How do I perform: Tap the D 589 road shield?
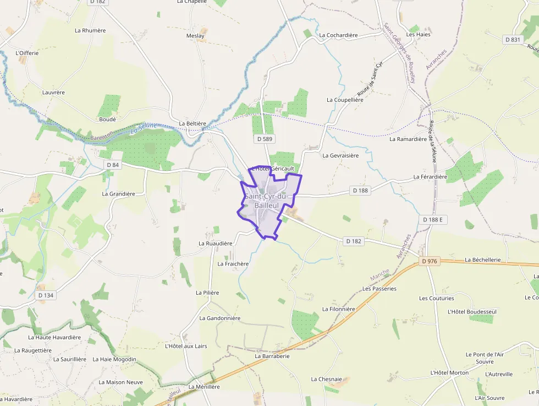pyautogui.click(x=265, y=139)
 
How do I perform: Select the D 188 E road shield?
pyautogui.click(x=433, y=220)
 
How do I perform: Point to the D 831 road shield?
pyautogui.click(x=512, y=40)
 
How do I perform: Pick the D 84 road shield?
pyautogui.click(x=113, y=165)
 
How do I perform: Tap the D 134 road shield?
pyautogui.click(x=46, y=295)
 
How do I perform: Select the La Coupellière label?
pyautogui.click(x=345, y=100)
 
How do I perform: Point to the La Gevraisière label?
pyautogui.click(x=340, y=156)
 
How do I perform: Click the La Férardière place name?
pyautogui.click(x=430, y=177)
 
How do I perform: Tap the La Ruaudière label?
pyautogui.click(x=216, y=243)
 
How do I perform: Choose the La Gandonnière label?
pyautogui.click(x=220, y=318)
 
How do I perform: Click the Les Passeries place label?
pyautogui.click(x=380, y=289)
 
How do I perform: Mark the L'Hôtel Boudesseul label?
pyautogui.click(x=472, y=312)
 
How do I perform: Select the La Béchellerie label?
pyautogui.click(x=483, y=259)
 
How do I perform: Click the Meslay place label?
pyautogui.click(x=195, y=36)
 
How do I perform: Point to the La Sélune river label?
pyautogui.click(x=143, y=129)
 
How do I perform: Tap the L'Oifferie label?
pyautogui.click(x=28, y=53)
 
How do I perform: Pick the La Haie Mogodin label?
pyautogui.click(x=114, y=359)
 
